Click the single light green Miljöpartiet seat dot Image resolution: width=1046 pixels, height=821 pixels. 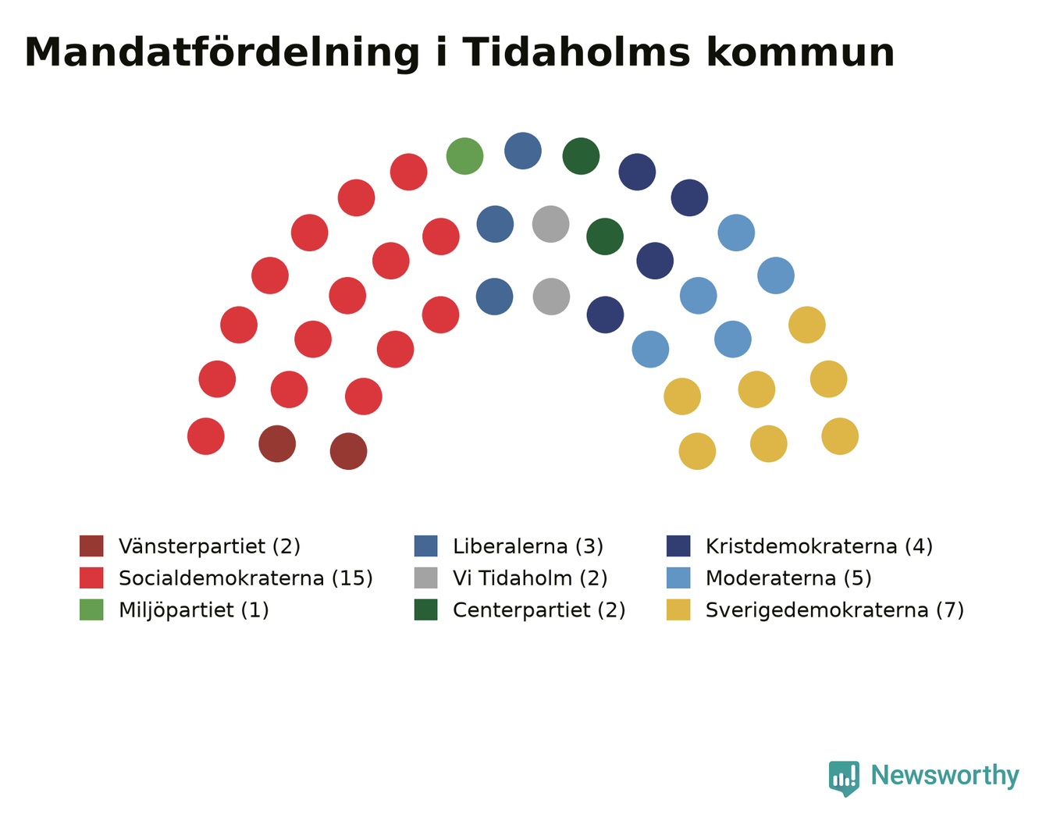click(464, 156)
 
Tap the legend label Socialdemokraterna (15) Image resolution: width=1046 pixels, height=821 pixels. click(245, 578)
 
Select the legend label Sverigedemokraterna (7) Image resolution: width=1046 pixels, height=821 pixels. click(834, 610)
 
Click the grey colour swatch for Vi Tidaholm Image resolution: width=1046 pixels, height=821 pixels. click(425, 578)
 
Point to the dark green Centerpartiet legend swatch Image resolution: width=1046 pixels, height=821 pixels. click(425, 610)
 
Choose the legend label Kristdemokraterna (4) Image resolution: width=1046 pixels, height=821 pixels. click(819, 546)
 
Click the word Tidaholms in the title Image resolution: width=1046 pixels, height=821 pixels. click(576, 52)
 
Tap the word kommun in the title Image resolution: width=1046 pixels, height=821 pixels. click(801, 52)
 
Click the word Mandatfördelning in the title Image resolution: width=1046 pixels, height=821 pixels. click(222, 54)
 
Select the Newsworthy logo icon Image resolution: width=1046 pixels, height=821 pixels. click(844, 779)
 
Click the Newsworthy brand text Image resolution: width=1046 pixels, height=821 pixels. click(945, 776)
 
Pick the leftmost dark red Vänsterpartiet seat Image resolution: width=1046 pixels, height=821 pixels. click(277, 444)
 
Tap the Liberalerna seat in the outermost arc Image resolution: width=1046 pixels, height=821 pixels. click(523, 151)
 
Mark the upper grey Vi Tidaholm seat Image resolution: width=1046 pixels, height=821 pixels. click(550, 224)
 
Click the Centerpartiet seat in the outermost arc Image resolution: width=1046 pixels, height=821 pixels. click(581, 156)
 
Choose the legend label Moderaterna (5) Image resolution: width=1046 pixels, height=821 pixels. click(788, 578)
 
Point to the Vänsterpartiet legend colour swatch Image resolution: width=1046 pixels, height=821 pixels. click(91, 546)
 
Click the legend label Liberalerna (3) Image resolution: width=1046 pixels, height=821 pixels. click(528, 546)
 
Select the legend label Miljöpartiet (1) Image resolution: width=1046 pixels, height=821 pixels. click(194, 610)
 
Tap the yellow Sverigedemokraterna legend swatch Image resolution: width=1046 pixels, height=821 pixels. click(678, 610)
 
